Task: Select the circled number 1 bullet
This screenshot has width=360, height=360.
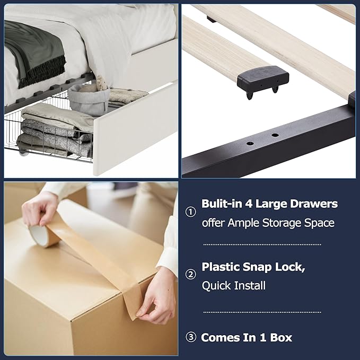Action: click(x=190, y=212)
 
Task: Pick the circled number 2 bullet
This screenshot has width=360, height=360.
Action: click(x=190, y=274)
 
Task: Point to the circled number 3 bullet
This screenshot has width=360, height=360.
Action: click(x=190, y=337)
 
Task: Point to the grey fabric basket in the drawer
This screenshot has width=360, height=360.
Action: click(x=89, y=99)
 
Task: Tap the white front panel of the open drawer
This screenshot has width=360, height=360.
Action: click(x=135, y=128)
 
